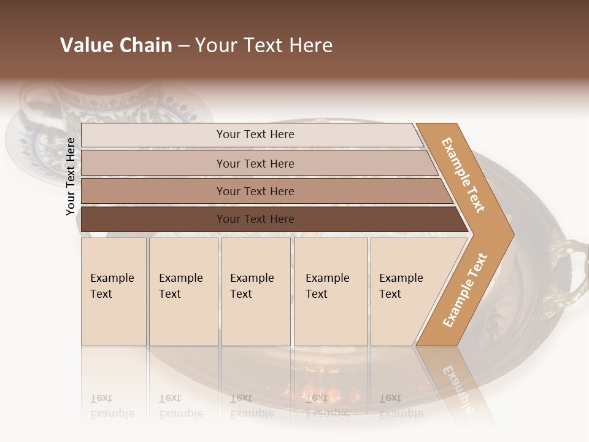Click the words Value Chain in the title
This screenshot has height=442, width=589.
coord(116,45)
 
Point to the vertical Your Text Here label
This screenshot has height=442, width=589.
coord(71,177)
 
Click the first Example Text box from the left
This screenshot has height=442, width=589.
coord(114,291)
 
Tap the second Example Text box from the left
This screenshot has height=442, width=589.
coord(183,291)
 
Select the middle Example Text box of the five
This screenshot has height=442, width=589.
coord(255,291)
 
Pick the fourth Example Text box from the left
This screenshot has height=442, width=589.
coord(331,291)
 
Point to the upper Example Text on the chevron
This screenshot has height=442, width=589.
coord(464,175)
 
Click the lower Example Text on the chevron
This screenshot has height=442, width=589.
coord(465,290)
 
